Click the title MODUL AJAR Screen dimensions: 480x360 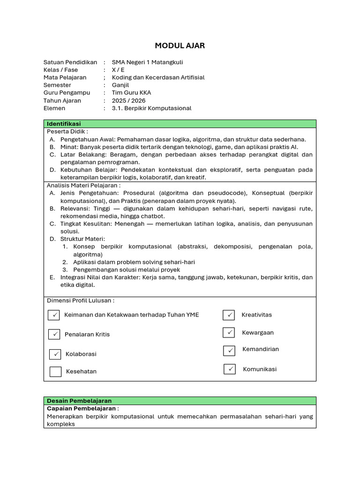click(x=180, y=45)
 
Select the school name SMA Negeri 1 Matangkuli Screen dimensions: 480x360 click(x=147, y=62)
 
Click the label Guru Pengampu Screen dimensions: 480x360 click(x=67, y=93)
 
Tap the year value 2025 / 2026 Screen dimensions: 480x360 click(x=128, y=100)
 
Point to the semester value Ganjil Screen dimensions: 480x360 click(x=120, y=85)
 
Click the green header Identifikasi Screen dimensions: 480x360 click(x=64, y=124)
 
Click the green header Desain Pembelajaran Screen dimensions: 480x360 click(x=79, y=401)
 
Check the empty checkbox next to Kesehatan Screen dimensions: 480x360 click(x=55, y=372)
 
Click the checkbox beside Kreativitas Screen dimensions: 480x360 click(x=229, y=315)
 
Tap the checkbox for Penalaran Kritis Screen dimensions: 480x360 click(x=54, y=334)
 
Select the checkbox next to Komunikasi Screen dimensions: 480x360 click(x=230, y=369)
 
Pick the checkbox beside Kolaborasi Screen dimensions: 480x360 click(x=55, y=354)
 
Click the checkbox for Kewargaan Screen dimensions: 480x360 click(x=229, y=332)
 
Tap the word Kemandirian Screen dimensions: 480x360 click(x=260, y=349)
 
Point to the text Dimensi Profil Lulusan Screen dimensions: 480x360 click(x=80, y=300)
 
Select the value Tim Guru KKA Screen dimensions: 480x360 click(x=131, y=93)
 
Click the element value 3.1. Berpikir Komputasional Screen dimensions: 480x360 click(x=151, y=108)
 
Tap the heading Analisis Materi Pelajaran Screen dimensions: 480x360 click(x=83, y=185)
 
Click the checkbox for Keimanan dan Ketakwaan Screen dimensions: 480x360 click(x=53, y=315)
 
